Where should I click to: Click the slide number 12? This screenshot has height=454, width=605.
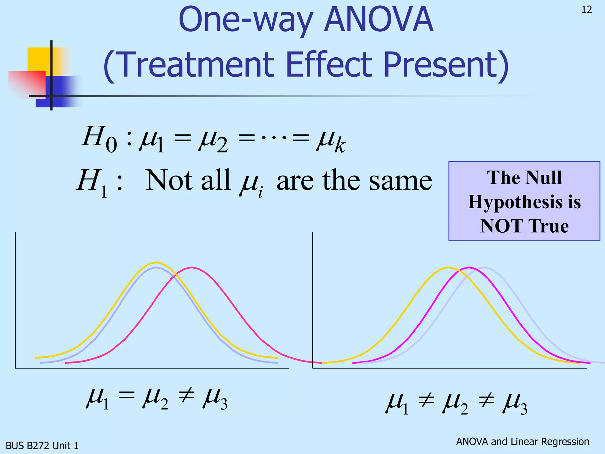point(587,10)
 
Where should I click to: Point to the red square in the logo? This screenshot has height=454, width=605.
point(27,83)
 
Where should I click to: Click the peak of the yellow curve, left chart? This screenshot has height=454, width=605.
point(156,262)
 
